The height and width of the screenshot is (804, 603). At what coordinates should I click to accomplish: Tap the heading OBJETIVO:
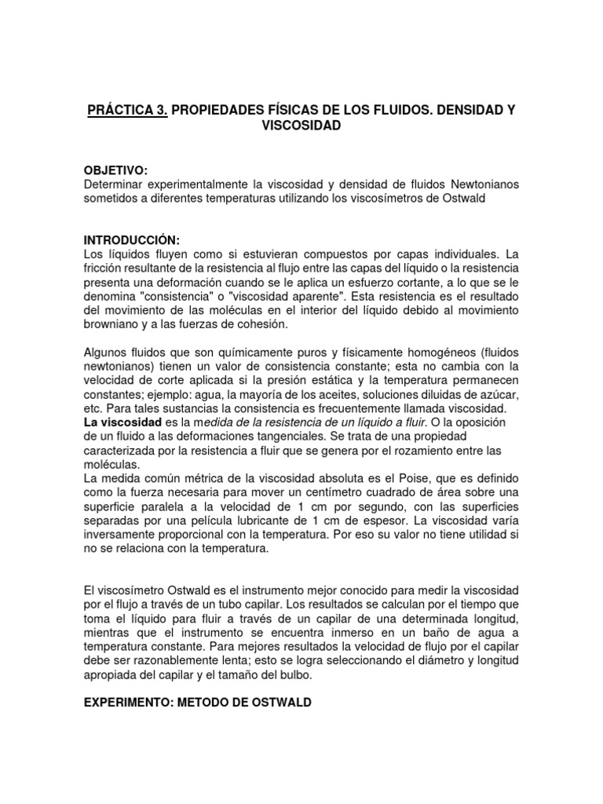[115, 170]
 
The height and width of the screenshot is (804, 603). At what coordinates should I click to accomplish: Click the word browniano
[114, 323]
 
